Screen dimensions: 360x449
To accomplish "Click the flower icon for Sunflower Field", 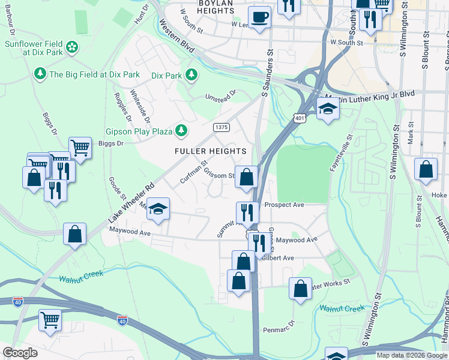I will coord(71,47).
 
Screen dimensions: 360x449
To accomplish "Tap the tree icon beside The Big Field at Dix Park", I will coord(40,74).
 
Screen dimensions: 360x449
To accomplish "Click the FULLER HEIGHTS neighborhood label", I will coord(210,151).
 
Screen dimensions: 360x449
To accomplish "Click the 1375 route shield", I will coord(221,127).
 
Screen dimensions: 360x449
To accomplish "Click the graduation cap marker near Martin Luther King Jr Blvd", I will coord(328,109).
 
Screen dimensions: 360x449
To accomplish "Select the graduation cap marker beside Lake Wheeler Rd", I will coord(158,209).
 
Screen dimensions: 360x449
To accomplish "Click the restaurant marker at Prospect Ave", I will coord(247,211).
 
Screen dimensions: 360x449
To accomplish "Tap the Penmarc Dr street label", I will coord(280,326).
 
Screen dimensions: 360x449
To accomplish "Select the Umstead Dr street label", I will coord(222,94).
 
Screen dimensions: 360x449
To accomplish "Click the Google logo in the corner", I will coord(20,352).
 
